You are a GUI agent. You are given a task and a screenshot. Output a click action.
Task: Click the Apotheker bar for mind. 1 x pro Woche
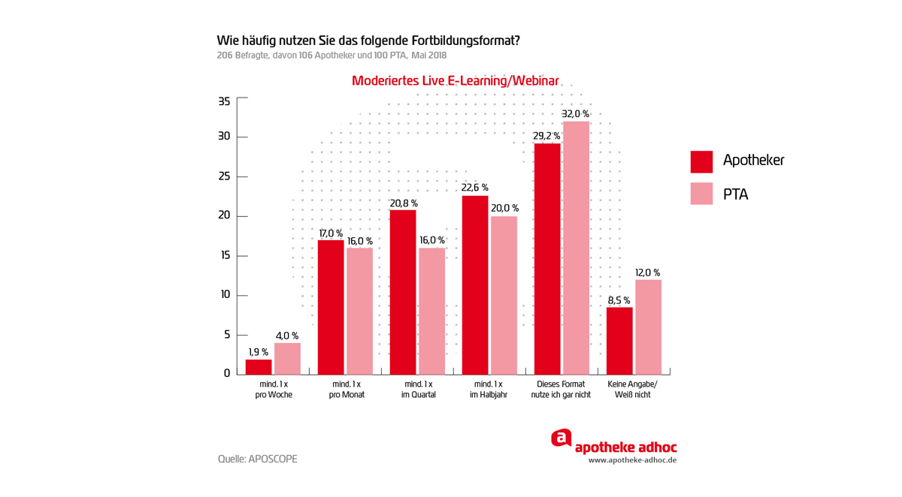259,367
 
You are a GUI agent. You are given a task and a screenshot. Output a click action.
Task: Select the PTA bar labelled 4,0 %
287,359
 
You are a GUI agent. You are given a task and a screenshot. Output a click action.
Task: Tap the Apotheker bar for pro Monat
331,307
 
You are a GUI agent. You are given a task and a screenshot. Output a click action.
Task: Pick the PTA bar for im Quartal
431,311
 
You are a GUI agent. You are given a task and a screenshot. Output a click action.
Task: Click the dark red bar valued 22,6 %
475,285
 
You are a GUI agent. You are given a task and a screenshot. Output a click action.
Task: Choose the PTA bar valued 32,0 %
576,248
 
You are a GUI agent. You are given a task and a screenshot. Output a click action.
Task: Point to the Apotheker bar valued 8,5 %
619,341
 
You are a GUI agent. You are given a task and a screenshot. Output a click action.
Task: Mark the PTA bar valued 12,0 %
648,327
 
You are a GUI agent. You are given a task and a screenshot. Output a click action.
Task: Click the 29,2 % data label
546,137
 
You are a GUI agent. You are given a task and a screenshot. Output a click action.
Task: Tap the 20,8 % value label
403,203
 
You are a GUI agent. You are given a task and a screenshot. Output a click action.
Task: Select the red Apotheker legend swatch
701,161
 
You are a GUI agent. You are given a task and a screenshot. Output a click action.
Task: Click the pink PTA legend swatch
701,194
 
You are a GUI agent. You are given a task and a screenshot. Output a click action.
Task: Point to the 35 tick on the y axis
224,101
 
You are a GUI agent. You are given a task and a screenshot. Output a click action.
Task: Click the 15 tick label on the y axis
224,256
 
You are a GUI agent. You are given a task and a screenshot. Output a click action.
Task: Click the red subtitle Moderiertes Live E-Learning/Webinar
455,81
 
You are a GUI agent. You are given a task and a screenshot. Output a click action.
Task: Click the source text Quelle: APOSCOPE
258,459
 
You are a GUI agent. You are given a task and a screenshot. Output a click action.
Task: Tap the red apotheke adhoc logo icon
561,438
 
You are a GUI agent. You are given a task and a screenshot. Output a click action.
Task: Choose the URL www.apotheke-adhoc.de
632,460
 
